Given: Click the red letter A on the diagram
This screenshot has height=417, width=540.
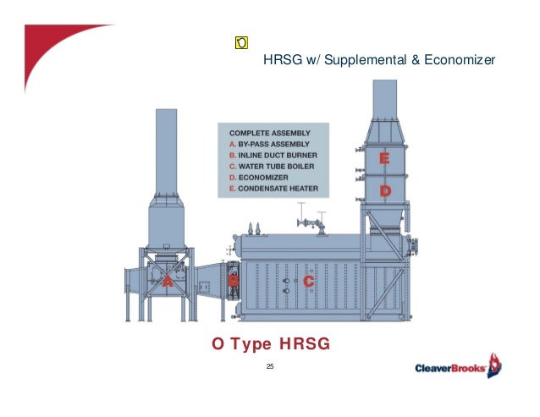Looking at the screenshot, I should pos(168,283).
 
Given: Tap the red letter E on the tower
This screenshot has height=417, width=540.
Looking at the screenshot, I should pos(384,159).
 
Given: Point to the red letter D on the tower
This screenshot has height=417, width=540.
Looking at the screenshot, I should pos(384,192).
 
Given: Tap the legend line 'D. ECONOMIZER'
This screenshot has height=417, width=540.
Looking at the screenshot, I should pos(257,179).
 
